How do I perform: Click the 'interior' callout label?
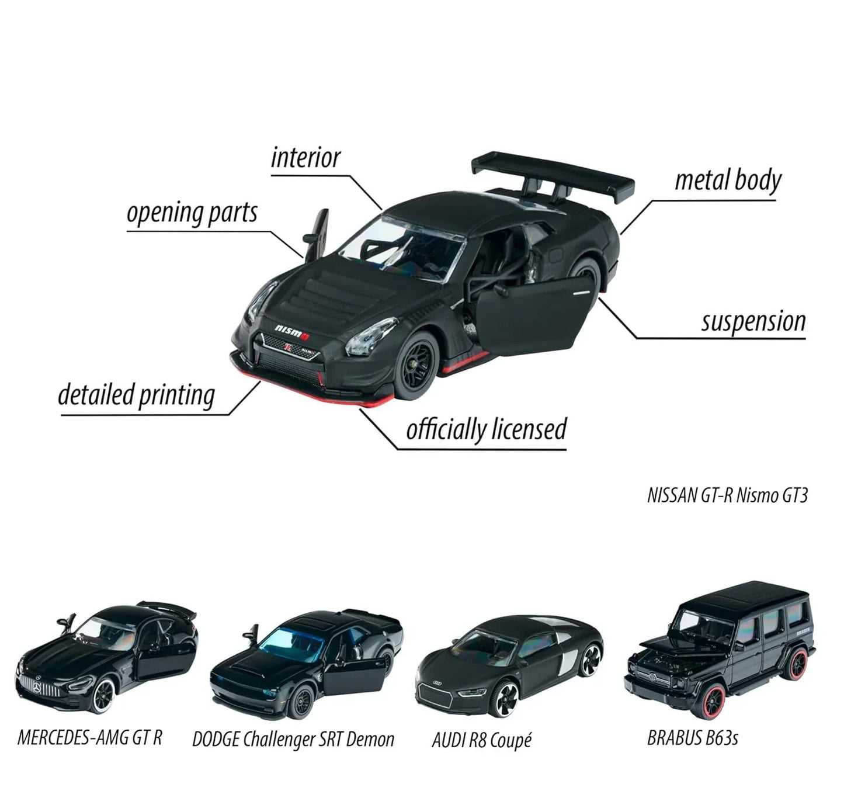(x=305, y=158)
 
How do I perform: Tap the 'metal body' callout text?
(x=728, y=181)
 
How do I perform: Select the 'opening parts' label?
(x=192, y=213)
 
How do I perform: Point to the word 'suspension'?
(x=753, y=322)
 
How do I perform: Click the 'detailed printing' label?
(x=137, y=395)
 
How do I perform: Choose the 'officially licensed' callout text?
(x=487, y=429)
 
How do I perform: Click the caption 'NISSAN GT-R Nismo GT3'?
(x=727, y=495)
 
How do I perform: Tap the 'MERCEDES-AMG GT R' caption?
(x=90, y=737)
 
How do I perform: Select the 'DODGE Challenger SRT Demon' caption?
(x=293, y=739)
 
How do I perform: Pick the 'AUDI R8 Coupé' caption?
(x=481, y=740)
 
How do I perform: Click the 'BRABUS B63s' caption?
(x=692, y=738)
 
